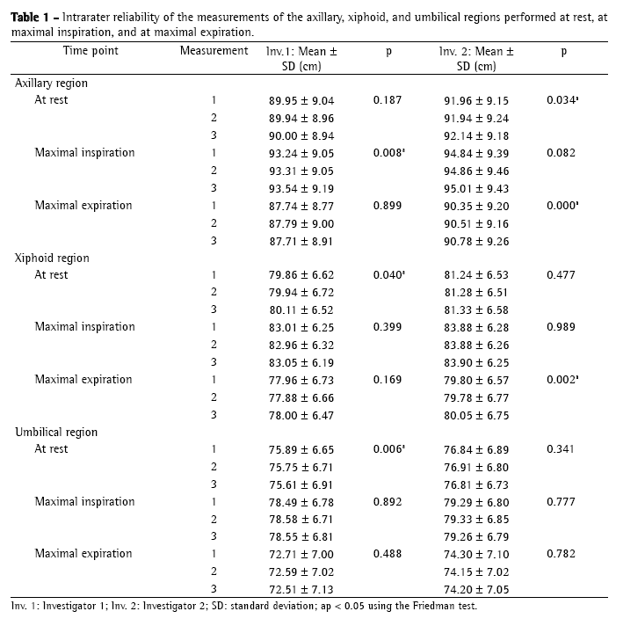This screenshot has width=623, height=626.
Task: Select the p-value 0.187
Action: tap(388, 100)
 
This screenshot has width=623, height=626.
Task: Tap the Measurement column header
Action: tap(214, 51)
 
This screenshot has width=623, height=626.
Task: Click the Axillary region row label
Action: tap(51, 83)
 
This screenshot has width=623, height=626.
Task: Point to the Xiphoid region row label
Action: tap(52, 258)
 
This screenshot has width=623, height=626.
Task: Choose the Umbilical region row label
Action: tap(55, 432)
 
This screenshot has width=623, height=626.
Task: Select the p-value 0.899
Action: tap(388, 205)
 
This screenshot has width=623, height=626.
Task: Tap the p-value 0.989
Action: tap(561, 327)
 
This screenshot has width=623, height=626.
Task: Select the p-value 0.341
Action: tap(561, 449)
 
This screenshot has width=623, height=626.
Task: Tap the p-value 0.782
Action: tap(561, 554)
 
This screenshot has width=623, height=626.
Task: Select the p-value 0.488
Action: tap(388, 554)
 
